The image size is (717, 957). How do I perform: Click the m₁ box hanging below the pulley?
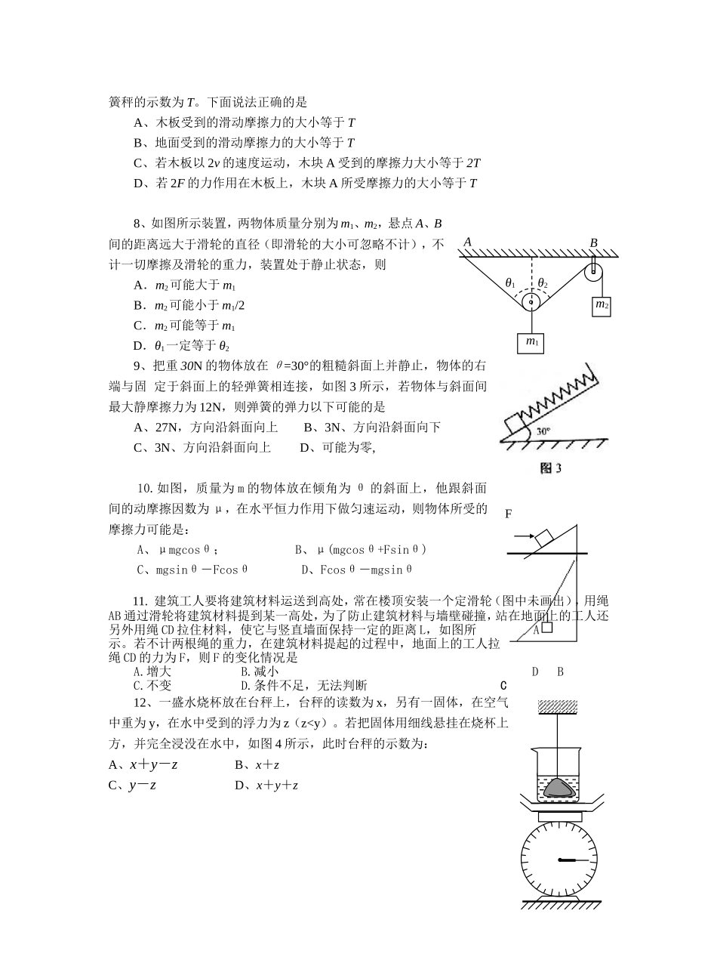[x=530, y=343]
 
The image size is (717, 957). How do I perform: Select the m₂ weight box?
[x=601, y=306]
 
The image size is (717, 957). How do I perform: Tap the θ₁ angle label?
[x=510, y=283]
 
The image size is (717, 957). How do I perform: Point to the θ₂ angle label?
[x=543, y=283]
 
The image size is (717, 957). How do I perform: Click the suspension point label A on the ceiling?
[x=468, y=242]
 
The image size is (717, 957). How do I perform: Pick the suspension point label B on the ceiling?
[x=594, y=243]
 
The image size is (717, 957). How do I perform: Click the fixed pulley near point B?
[x=593, y=273]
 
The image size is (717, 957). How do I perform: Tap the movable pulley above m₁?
[x=531, y=301]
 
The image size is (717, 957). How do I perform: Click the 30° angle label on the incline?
[x=543, y=431]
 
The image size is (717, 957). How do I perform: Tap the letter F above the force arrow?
[x=509, y=514]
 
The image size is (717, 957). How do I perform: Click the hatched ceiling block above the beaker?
[x=558, y=707]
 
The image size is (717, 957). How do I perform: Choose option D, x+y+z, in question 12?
[x=266, y=786]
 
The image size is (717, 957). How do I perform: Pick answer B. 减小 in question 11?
[x=260, y=671]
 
